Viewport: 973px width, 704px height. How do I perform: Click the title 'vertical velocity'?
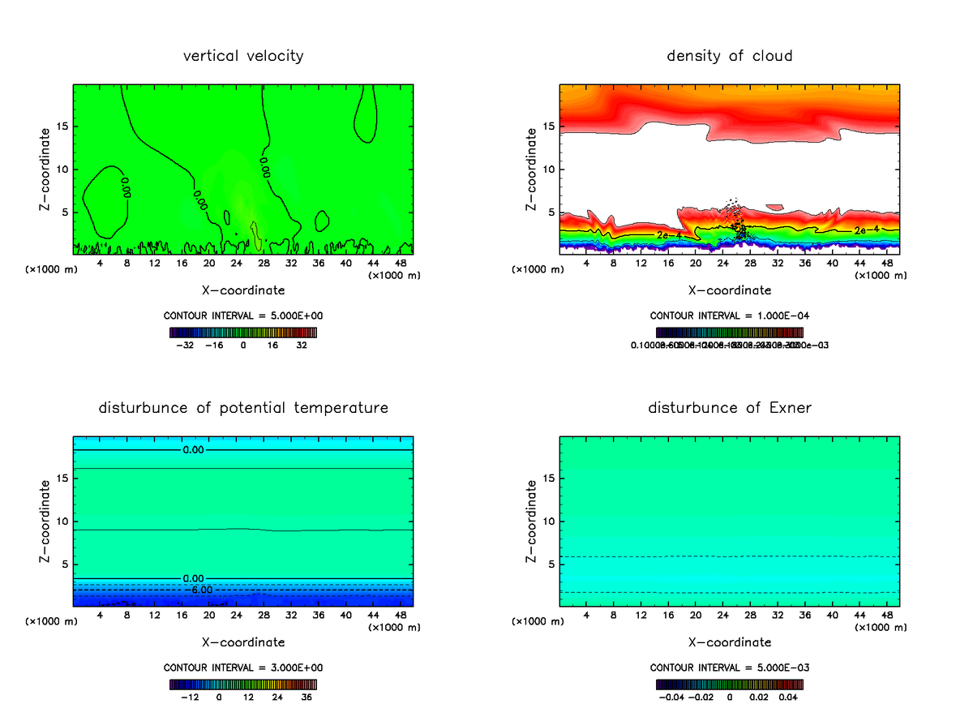click(x=242, y=56)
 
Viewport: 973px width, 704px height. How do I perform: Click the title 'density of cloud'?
click(x=729, y=56)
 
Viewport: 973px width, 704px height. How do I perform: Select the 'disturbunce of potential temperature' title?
click(x=242, y=407)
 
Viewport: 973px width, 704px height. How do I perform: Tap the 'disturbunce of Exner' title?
click(x=729, y=407)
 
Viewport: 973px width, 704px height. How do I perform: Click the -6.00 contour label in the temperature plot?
click(x=201, y=590)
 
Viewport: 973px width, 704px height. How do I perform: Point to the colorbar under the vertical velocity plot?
click(x=242, y=332)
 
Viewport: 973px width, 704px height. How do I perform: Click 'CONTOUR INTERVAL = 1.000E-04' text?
click(x=729, y=316)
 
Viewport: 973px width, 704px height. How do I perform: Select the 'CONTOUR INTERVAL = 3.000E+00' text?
click(x=242, y=668)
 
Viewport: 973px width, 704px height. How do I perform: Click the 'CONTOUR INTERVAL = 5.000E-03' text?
click(x=729, y=668)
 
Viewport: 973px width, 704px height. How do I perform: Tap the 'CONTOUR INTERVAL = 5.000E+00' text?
click(x=242, y=316)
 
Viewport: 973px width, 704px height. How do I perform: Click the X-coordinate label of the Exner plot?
click(x=729, y=642)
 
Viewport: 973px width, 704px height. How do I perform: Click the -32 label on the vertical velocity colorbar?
click(x=186, y=345)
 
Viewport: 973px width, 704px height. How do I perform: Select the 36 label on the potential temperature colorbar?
click(x=306, y=696)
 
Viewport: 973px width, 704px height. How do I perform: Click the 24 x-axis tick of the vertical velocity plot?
click(x=236, y=264)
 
